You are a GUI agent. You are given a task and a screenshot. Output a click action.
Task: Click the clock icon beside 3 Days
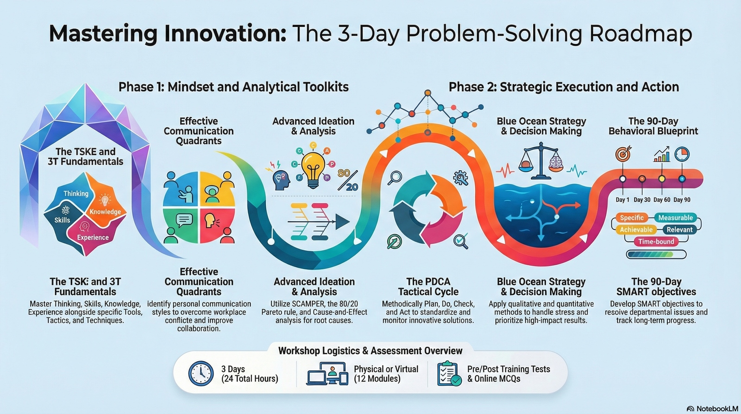point(201,374)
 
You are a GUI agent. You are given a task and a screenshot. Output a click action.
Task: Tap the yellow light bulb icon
point(314,169)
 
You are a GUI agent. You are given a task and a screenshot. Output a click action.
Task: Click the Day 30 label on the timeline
point(642,200)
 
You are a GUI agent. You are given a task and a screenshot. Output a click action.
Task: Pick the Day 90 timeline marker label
point(682,200)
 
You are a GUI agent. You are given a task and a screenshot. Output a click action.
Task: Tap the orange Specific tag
point(632,218)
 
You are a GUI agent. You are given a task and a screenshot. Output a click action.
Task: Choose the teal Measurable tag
point(675,218)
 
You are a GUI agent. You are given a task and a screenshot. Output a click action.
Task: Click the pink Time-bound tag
point(656,242)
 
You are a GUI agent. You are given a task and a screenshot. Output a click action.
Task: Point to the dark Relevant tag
point(679,230)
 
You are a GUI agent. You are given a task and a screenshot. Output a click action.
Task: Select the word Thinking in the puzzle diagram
point(76,194)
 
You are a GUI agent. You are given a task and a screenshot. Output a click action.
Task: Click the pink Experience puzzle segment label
point(93,237)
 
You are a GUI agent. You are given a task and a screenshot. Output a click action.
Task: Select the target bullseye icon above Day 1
point(623,154)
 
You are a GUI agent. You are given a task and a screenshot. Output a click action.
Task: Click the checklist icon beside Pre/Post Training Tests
point(449,374)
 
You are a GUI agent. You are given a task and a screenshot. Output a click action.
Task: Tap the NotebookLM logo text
point(717,408)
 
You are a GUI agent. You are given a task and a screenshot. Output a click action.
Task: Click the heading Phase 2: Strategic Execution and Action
point(564,87)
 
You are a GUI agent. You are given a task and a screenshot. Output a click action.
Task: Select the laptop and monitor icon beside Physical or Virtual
point(327,374)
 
